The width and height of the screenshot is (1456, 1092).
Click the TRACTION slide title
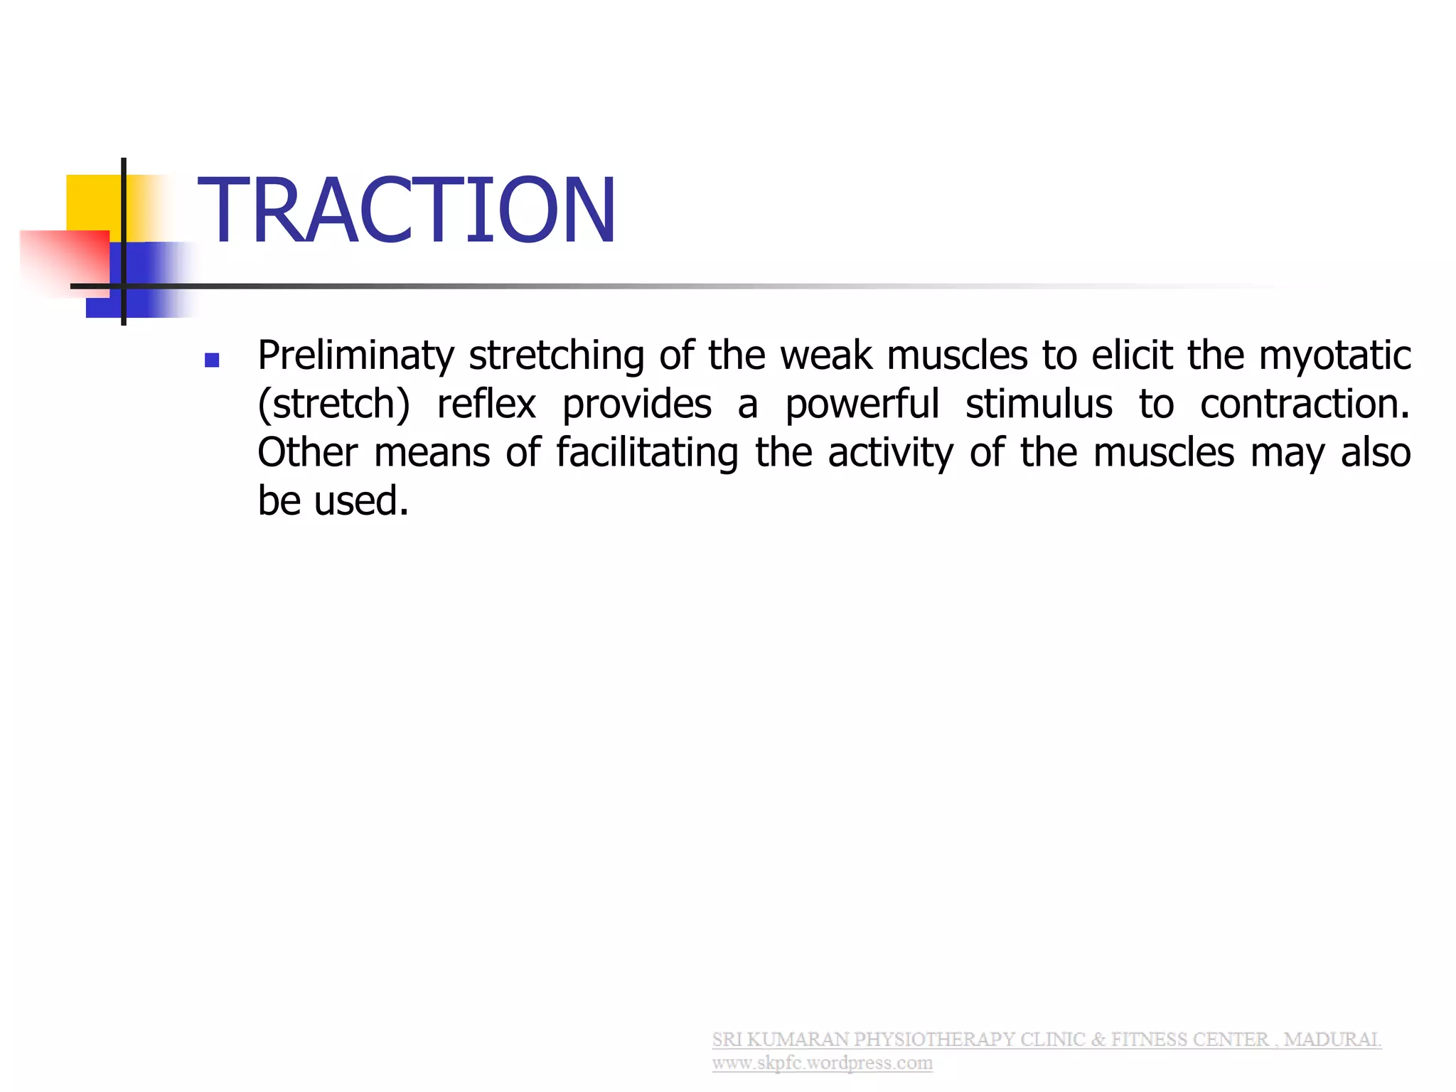pos(407,210)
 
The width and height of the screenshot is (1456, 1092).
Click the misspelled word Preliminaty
pos(355,355)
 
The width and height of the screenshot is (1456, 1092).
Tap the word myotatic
pos(1334,355)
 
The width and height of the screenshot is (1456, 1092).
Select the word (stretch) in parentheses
pos(333,405)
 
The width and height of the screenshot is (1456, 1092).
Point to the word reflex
pos(486,405)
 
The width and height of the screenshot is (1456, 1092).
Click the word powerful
pos(862,405)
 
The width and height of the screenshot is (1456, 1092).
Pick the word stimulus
pos(1039,405)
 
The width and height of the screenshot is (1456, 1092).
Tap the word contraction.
pos(1304,405)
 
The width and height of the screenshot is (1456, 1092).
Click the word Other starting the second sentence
pos(308,453)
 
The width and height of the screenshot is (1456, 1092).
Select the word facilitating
pos(647,453)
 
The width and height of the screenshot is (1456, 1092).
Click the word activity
pos(891,453)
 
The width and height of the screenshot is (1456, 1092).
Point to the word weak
pos(826,355)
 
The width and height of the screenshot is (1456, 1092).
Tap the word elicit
pos(1132,355)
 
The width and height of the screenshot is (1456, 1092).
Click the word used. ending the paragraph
pos(361,501)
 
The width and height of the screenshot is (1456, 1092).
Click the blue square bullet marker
pos(212,360)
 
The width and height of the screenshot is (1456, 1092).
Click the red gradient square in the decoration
pos(68,259)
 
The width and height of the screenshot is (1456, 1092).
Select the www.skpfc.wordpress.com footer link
pos(822,1063)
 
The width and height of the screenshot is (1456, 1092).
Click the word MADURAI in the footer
pos(1332,1039)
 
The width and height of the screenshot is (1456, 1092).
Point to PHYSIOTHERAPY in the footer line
pos(934,1039)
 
